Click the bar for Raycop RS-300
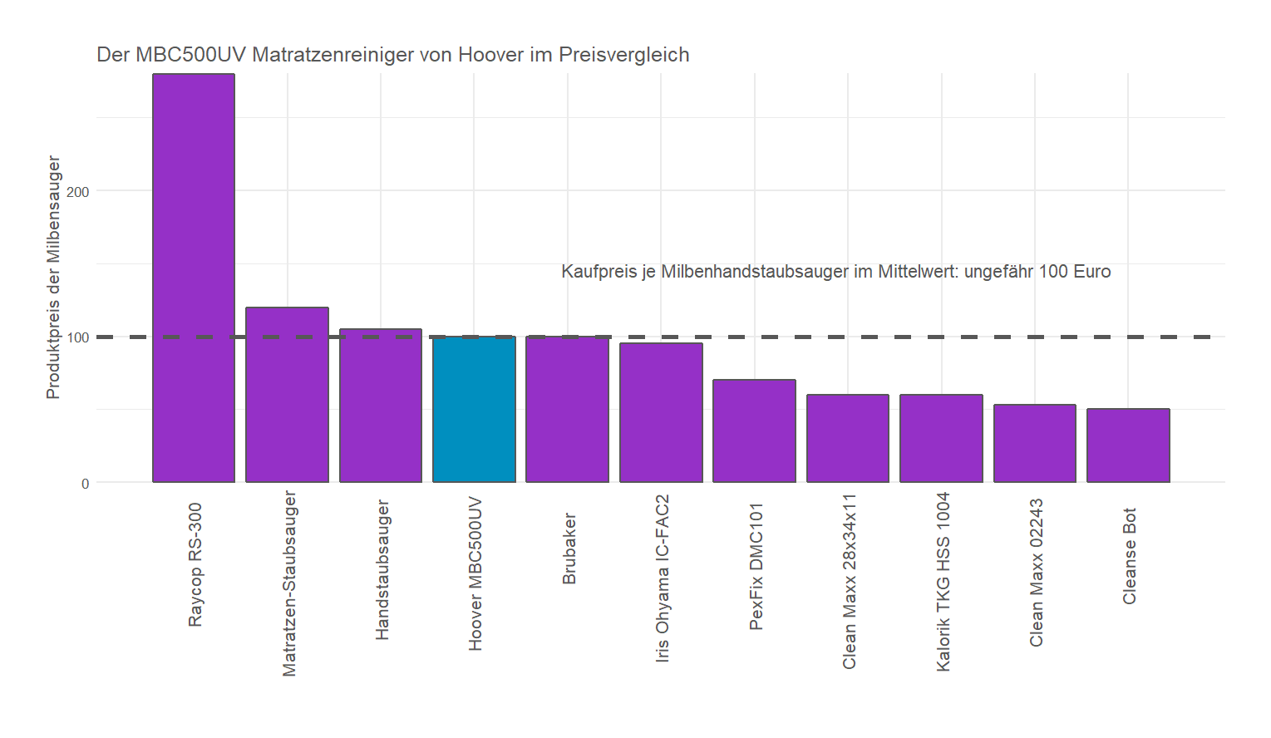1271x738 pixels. pos(194,278)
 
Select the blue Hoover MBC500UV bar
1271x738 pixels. pos(474,410)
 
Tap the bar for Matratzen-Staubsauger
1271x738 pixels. pos(287,395)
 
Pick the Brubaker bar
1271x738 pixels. pos(567,410)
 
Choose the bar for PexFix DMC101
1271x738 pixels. pos(754,431)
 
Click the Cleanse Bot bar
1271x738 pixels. pos(1128,445)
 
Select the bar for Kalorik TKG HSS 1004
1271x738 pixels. pos(941,439)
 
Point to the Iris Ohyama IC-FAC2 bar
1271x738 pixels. pos(661,413)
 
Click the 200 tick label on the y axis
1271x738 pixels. pos(78,192)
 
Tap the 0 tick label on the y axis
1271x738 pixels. pos(85,484)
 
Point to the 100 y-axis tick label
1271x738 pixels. pos(78,337)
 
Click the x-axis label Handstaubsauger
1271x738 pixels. pos(382,570)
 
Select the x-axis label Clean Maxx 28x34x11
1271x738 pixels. pos(849,581)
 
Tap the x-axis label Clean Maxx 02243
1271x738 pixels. pos(1036,573)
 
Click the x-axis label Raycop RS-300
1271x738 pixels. pos(195,564)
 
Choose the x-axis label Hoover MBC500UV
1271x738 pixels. pos(475,573)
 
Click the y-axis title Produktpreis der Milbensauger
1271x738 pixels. pos(53,278)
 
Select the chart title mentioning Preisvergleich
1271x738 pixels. pos(393,55)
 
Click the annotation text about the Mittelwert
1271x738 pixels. pos(835,272)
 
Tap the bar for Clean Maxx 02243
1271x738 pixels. pos(1035,444)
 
